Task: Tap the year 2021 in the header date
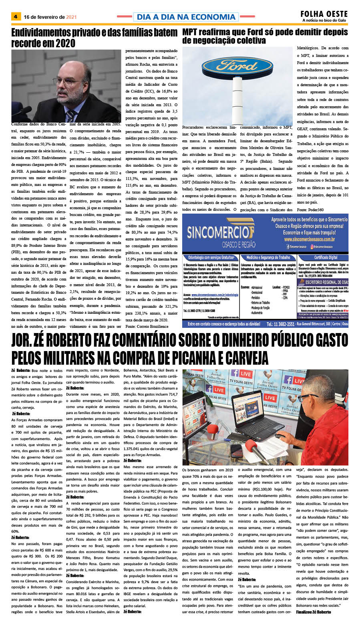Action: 71,17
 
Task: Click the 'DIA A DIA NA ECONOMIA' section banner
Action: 186,17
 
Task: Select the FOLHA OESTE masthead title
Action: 324,14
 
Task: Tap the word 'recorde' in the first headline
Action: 27,43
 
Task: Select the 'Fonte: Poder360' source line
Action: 310,210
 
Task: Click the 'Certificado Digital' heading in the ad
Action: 326,257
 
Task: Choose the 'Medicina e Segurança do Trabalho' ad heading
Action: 268,257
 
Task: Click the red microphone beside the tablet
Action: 252,446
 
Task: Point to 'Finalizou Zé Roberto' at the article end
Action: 314,612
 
